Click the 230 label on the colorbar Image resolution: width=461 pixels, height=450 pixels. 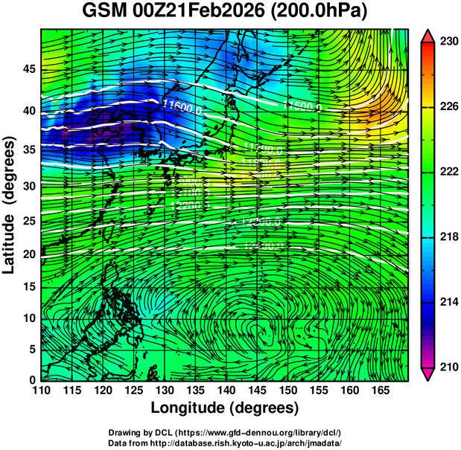(x=448, y=42)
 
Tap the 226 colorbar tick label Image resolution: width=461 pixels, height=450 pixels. (x=448, y=107)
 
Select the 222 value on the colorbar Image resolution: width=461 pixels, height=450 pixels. (x=448, y=172)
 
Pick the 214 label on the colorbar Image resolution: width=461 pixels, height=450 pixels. (x=448, y=302)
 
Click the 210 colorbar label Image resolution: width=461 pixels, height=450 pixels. (x=448, y=367)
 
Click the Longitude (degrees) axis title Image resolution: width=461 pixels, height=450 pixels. (x=225, y=408)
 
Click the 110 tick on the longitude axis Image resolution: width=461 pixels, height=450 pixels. (x=41, y=389)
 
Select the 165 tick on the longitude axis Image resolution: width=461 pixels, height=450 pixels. (x=378, y=389)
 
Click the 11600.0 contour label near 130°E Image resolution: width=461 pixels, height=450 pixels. (x=182, y=108)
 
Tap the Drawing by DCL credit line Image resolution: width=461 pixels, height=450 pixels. (x=225, y=432)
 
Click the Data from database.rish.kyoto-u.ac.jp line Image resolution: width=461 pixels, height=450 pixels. (x=225, y=443)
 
